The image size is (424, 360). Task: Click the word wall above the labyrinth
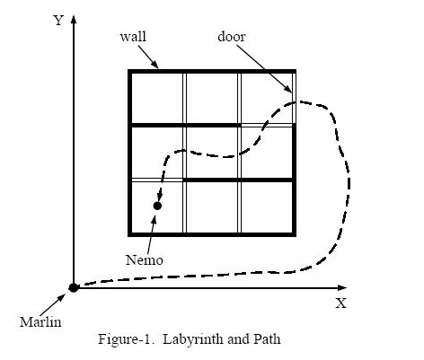click(x=133, y=37)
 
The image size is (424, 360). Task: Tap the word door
click(x=232, y=37)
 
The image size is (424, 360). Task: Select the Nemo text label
click(x=145, y=259)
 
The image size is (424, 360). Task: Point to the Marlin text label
click(x=40, y=322)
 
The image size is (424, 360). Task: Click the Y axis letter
click(x=58, y=21)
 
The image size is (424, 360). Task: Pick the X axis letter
click(x=340, y=303)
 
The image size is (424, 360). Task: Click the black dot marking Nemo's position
click(x=157, y=206)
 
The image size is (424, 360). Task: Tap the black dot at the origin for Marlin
click(x=74, y=287)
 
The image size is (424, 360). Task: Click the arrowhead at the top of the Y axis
click(x=74, y=19)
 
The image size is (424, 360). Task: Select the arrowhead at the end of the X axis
click(x=342, y=288)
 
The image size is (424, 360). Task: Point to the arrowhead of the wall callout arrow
click(x=155, y=65)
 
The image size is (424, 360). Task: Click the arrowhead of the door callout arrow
click(x=288, y=89)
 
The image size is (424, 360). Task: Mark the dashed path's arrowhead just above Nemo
click(x=160, y=197)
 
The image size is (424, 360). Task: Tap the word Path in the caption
click(x=268, y=339)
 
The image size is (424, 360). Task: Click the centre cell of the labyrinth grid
click(x=212, y=153)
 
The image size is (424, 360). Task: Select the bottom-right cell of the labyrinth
click(x=267, y=207)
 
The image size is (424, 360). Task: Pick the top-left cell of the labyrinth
click(x=157, y=98)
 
